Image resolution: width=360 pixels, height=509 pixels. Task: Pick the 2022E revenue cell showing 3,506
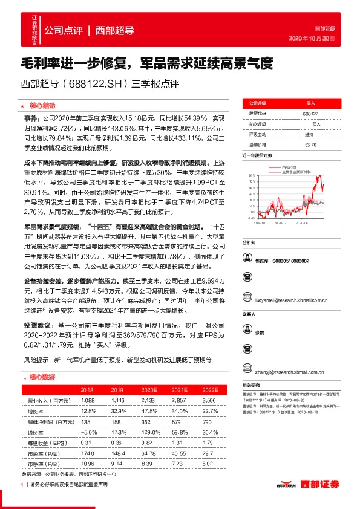(209, 401)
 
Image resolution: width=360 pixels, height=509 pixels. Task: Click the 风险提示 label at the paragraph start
(38, 360)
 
